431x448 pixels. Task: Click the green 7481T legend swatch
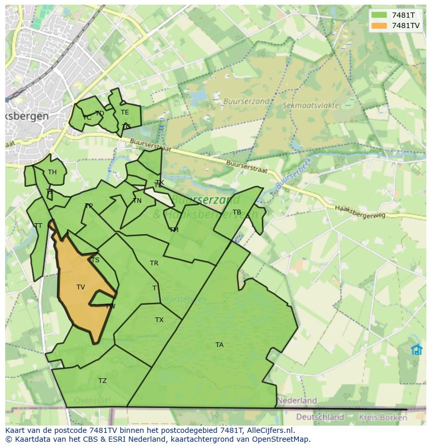[379, 15]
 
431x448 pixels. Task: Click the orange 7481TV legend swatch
[379, 25]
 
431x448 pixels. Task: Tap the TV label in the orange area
[81, 287]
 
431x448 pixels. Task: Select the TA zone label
[220, 345]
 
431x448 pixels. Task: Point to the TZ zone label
[103, 381]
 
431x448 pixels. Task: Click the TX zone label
[159, 320]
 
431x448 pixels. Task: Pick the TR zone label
[154, 263]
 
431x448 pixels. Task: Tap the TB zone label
[237, 212]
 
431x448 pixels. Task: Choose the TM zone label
[174, 229]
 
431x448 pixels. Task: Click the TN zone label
[137, 201]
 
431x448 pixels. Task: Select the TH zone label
[52, 172]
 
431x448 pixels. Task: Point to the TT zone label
[38, 226]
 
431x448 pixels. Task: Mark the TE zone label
[125, 112]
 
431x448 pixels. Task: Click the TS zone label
[95, 260]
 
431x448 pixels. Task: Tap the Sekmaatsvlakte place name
[310, 105]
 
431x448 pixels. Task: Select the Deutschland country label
[320, 417]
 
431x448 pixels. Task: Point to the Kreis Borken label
[386, 417]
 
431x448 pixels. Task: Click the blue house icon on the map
[416, 350]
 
